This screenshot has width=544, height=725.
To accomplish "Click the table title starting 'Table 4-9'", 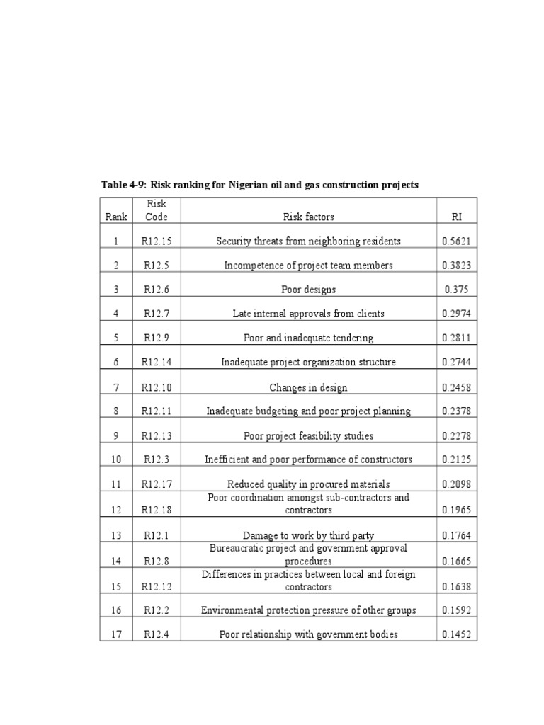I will point(260,185).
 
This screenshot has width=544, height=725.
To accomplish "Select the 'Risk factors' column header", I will point(308,217).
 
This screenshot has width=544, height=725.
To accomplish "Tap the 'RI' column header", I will point(456,217).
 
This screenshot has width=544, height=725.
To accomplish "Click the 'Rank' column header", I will point(116,217).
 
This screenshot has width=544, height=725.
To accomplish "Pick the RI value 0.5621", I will point(456,241).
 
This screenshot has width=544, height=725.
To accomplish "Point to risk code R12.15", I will point(157,241).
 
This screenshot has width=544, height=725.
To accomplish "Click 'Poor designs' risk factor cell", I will point(308,290).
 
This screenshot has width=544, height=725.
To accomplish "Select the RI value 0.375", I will point(456,290).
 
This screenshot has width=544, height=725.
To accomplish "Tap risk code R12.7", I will point(157,314).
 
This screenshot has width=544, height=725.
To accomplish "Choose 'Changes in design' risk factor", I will point(308,387).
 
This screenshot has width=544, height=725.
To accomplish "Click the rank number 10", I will point(116,459).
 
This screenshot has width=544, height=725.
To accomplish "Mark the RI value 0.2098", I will point(456,484).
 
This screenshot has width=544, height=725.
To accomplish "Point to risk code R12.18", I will point(157,510).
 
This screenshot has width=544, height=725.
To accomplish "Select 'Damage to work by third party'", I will point(308,536).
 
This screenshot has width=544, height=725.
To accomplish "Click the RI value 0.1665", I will point(456,561).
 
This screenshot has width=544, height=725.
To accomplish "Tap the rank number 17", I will point(116,634).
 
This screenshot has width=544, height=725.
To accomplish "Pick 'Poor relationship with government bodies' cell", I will point(308,634).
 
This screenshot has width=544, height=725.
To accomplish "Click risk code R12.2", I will point(157,610).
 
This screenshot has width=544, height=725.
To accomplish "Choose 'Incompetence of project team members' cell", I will point(308,266).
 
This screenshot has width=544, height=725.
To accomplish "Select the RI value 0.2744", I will point(456,362).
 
